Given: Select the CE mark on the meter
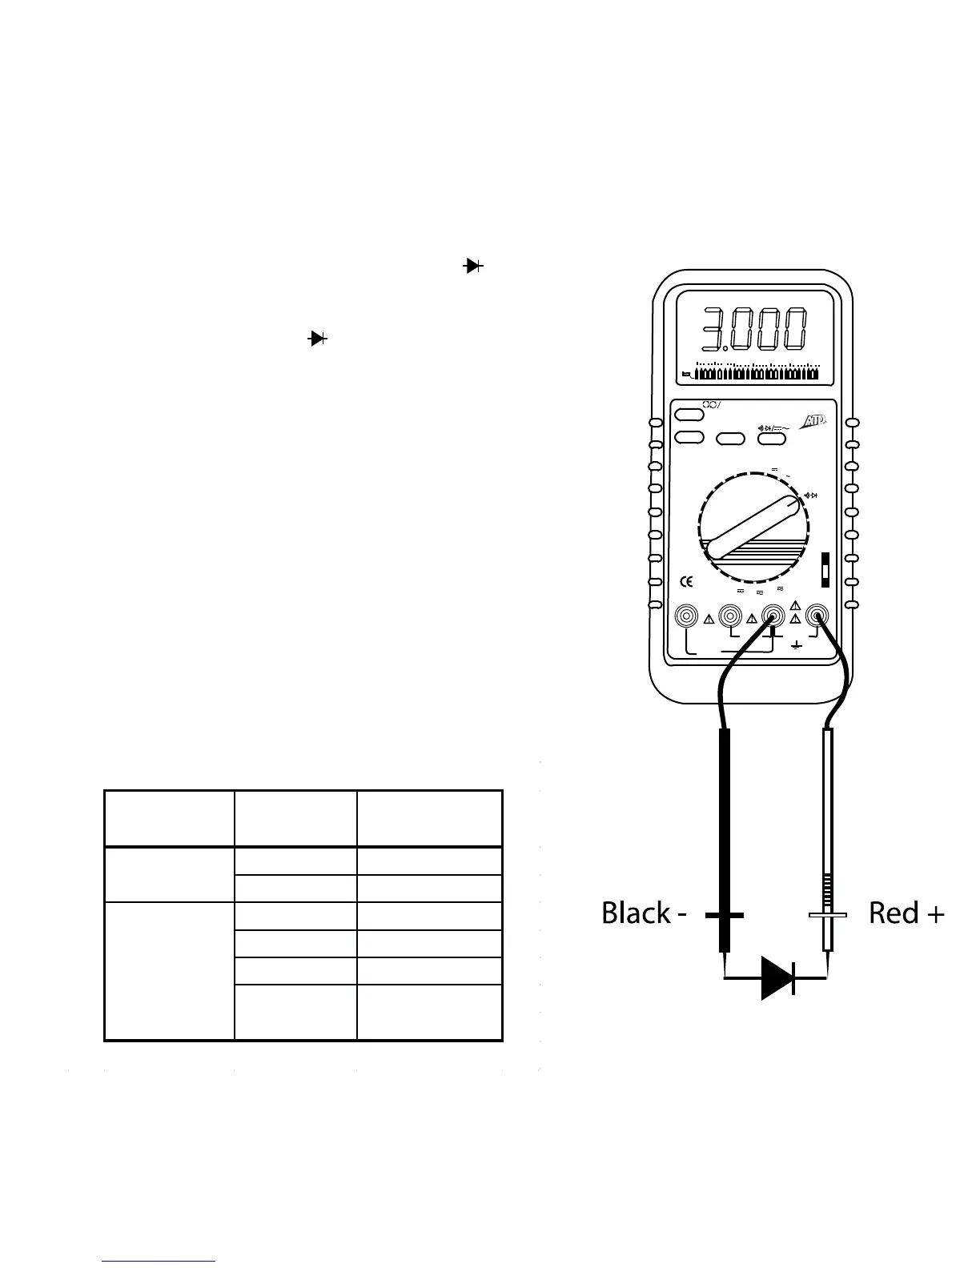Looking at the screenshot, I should point(686,582).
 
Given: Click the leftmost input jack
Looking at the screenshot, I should point(687,616).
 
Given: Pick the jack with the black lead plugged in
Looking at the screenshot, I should point(773,616).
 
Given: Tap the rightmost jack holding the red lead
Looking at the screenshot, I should point(817,616).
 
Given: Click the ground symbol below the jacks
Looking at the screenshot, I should point(796,644).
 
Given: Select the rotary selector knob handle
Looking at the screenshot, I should point(753,527).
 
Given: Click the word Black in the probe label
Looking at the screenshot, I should point(636,913).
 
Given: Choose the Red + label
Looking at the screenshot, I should point(906,913).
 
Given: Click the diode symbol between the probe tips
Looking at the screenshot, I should point(777,977).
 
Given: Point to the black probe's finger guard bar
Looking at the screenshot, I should point(725,915).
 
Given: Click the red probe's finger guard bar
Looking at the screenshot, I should point(828,915).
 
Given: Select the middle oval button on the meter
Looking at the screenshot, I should point(730,438).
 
